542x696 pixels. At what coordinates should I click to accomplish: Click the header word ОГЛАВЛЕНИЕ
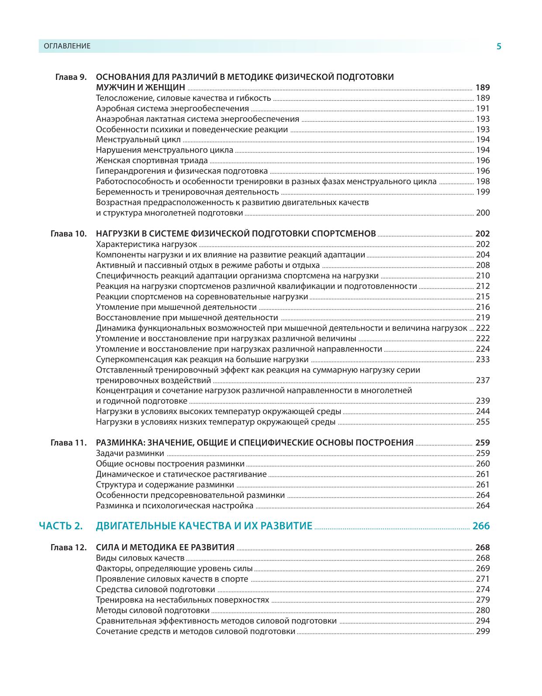point(64,46)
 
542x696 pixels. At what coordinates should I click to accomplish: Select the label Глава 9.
point(71,77)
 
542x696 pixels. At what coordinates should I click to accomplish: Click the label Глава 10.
point(69,234)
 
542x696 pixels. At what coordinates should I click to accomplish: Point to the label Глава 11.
point(69,443)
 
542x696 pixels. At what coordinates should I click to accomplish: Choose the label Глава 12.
point(69,548)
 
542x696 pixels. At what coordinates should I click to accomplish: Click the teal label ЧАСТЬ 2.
point(61,526)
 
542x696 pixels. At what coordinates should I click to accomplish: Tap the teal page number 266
point(481,526)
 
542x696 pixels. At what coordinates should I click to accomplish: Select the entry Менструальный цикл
point(138,140)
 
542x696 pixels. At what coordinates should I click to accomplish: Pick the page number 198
point(483,182)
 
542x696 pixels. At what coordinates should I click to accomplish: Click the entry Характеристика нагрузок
point(146,244)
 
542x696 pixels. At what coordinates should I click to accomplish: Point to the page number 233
point(483,360)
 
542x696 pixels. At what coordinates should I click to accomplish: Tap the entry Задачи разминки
point(130,453)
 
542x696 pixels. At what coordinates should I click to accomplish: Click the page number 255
point(483,422)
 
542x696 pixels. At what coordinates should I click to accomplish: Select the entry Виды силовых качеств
point(140,558)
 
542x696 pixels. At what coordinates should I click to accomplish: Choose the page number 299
point(483,631)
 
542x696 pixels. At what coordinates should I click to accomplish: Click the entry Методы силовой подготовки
point(152,610)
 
